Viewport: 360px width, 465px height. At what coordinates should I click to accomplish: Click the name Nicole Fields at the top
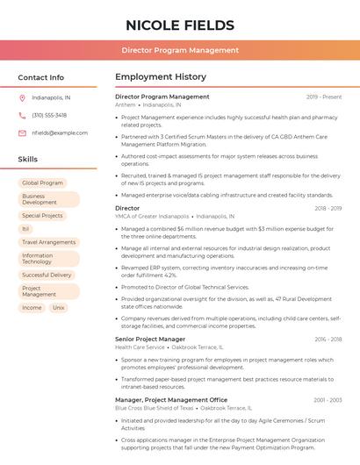(x=180, y=25)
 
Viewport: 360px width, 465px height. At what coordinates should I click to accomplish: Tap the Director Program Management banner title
(x=180, y=50)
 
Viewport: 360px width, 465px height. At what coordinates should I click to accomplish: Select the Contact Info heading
(x=40, y=77)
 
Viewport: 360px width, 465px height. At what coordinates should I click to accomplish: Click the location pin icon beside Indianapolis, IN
(x=22, y=97)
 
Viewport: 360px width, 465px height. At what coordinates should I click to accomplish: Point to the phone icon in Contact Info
(x=22, y=115)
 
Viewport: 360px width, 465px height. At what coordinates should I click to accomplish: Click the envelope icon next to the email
(x=22, y=132)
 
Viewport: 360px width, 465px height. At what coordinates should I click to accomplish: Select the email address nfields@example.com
(x=54, y=132)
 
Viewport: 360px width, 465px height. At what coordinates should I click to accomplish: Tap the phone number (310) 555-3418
(x=49, y=115)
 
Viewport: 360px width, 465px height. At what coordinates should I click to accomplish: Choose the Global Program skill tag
(x=42, y=182)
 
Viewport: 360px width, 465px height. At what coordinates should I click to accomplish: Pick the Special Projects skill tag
(x=42, y=215)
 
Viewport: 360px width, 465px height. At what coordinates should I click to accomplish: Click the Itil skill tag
(x=26, y=228)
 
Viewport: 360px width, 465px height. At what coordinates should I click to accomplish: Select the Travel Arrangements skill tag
(x=48, y=241)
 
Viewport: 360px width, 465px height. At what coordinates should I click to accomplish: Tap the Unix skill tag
(x=58, y=308)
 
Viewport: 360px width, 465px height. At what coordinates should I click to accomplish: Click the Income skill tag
(x=32, y=308)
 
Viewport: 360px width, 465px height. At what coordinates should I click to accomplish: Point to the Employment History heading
(x=160, y=77)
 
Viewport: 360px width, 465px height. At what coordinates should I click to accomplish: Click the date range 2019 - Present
(x=324, y=97)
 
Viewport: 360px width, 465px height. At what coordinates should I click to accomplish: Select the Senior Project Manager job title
(x=150, y=339)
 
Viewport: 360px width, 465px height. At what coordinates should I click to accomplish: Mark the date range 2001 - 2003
(x=328, y=399)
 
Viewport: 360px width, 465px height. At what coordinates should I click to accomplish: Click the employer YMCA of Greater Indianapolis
(x=152, y=216)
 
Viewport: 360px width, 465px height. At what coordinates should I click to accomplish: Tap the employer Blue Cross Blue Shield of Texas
(x=154, y=408)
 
